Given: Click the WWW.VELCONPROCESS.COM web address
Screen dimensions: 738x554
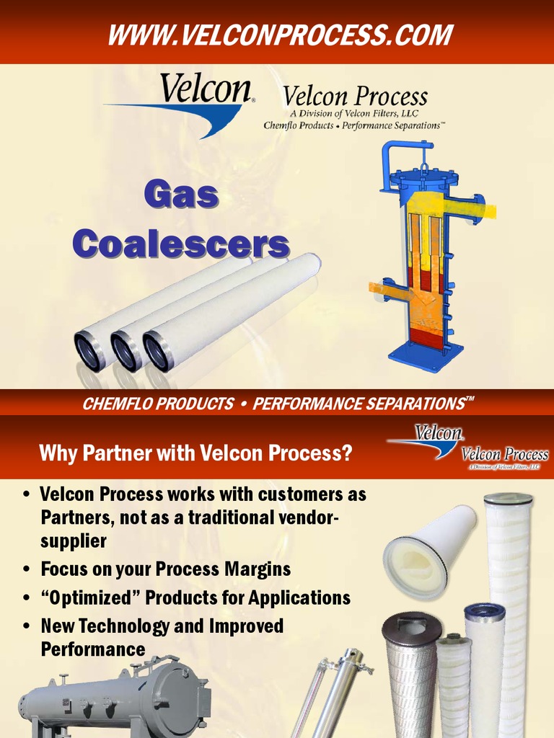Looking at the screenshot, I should (280, 35).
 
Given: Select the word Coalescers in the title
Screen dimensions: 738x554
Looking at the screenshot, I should (180, 244).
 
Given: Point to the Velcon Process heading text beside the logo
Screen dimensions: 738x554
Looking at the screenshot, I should (355, 97).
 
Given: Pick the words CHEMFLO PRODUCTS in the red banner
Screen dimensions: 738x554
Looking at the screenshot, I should (157, 404).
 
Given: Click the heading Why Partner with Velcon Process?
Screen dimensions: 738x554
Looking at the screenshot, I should (195, 453).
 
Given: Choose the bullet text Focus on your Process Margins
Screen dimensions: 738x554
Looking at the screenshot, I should (165, 569).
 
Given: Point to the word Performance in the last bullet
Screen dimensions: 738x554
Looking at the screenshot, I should (93, 649).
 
